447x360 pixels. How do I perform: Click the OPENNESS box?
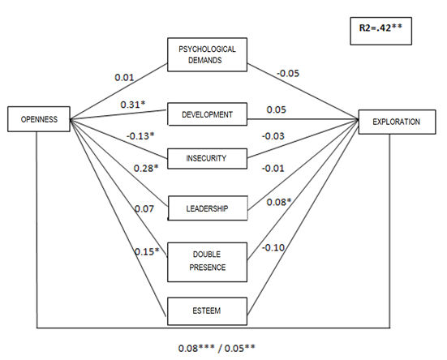(x=39, y=119)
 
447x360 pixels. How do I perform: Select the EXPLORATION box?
(x=397, y=122)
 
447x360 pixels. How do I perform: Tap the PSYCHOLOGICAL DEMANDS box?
(x=207, y=54)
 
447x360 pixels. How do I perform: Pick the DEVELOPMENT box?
(x=207, y=114)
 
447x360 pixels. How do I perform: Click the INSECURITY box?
(x=207, y=158)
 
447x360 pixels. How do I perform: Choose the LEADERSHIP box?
(x=208, y=208)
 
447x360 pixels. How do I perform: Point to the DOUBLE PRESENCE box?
(x=207, y=262)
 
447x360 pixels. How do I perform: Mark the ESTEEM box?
(x=207, y=311)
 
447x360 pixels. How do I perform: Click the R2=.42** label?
(x=380, y=28)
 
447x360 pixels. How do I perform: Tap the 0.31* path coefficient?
(x=133, y=105)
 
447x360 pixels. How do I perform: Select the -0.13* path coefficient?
(x=140, y=136)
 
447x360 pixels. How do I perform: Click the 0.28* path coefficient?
(x=146, y=168)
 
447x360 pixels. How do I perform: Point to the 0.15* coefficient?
(x=147, y=251)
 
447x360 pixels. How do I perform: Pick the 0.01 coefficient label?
(x=124, y=77)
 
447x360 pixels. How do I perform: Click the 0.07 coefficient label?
(x=144, y=209)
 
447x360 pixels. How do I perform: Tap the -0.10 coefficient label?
(x=273, y=247)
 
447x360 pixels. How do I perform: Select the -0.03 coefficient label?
(x=273, y=136)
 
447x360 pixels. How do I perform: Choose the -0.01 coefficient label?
(x=273, y=168)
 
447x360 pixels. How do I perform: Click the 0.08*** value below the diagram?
(x=196, y=348)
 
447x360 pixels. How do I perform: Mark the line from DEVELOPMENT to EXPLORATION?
(x=303, y=119)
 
